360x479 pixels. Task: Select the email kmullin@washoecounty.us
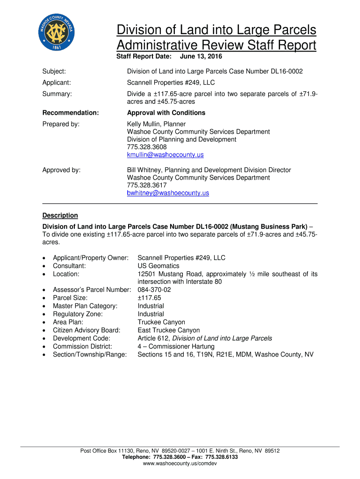[165, 155]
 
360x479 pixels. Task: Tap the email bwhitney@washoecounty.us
[168, 193]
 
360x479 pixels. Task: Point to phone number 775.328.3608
[147, 147]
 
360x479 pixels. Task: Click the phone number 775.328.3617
[147, 185]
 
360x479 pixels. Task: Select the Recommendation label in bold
[71, 113]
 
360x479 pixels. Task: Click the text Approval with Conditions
[166, 113]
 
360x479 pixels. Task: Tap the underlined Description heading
[60, 215]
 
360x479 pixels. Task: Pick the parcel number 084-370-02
[154, 290]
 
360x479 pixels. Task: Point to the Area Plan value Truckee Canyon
[161, 322]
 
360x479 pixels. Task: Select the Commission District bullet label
[82, 347]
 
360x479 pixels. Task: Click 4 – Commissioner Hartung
[176, 347]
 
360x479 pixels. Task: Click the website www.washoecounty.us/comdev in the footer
[180, 463]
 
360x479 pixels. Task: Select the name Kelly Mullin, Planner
[156, 124]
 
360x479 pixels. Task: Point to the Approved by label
[61, 170]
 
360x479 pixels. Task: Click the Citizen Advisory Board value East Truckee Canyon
[168, 330]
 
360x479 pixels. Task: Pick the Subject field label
[54, 72]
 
